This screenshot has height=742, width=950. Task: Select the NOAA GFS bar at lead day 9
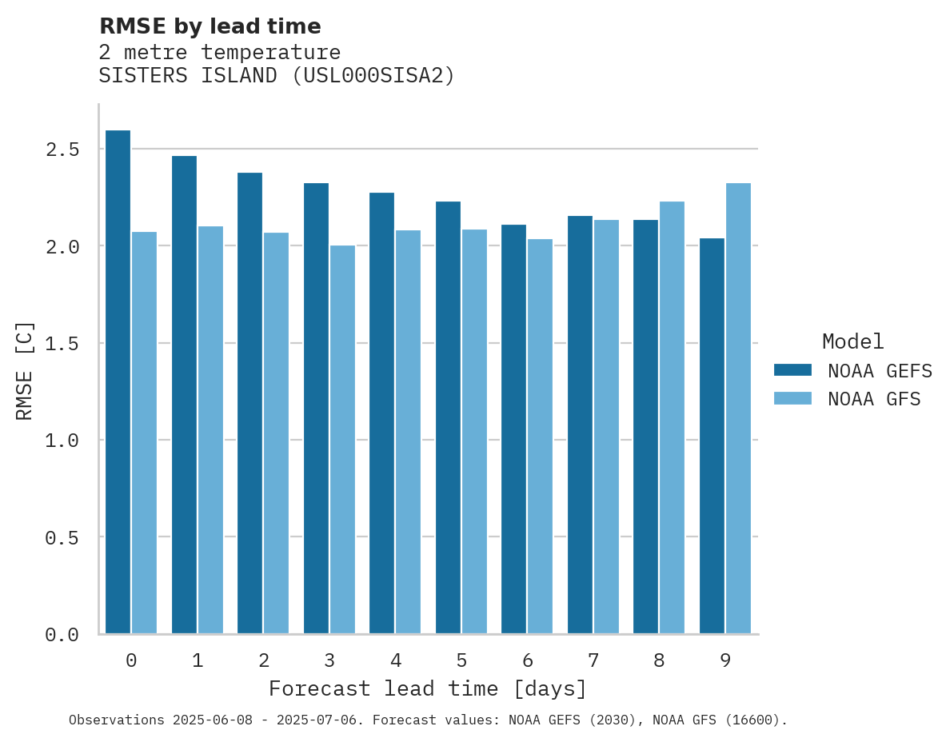[738, 409]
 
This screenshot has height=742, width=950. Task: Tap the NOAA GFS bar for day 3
[342, 440]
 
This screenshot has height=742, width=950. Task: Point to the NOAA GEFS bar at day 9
[712, 436]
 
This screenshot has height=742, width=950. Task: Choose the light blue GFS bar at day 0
[144, 433]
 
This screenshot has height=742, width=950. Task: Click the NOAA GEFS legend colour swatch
[792, 370]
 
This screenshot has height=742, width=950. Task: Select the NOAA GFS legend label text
[874, 399]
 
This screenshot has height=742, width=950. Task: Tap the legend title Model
[852, 342]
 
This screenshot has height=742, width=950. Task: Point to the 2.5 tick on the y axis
[62, 150]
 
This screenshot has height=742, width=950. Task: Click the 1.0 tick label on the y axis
[62, 441]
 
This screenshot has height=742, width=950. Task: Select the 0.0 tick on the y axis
[62, 635]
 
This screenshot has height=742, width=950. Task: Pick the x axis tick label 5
[461, 660]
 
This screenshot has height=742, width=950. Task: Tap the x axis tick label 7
[593, 660]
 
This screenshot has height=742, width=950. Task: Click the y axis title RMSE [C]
[25, 370]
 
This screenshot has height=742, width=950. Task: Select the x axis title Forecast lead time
[428, 689]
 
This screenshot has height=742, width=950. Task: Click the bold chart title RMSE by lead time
[210, 26]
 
